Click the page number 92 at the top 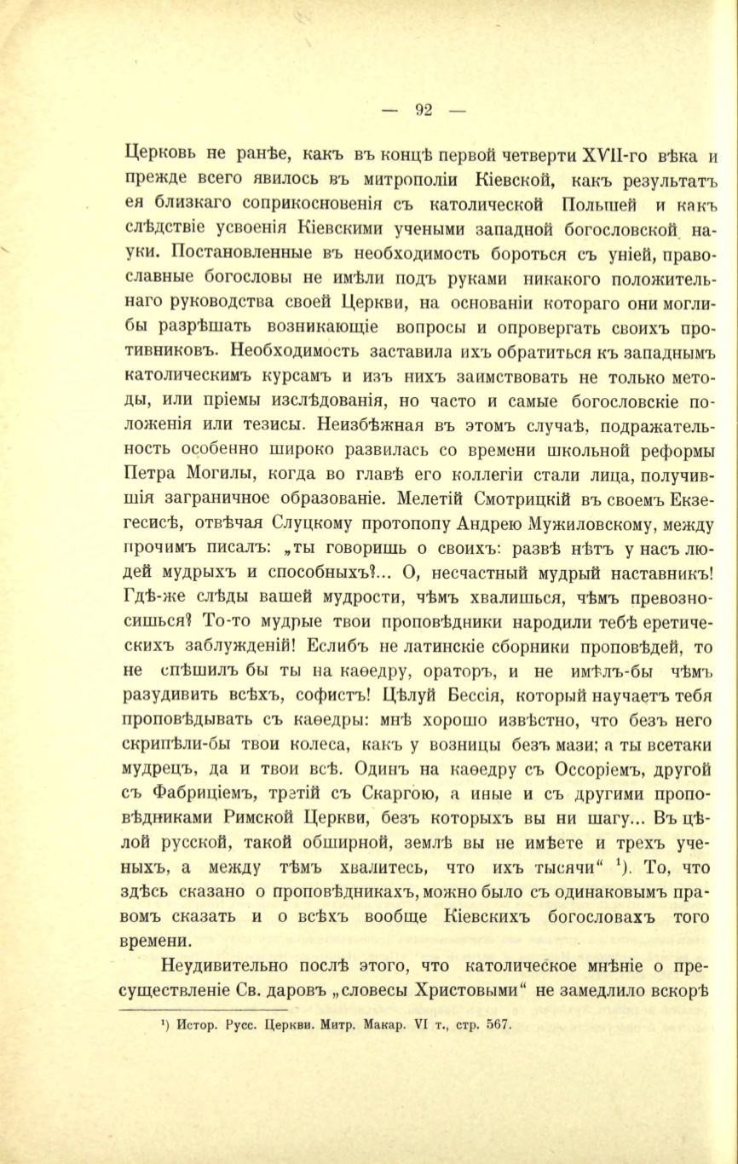tap(424, 109)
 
